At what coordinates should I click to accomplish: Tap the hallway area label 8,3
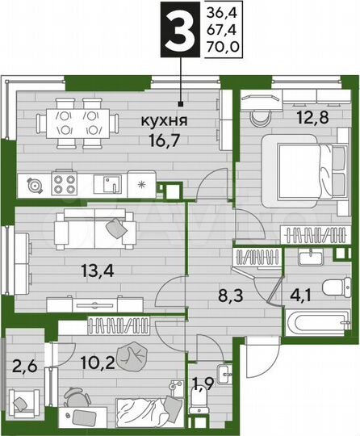217,296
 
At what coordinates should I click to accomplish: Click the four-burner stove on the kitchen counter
64,184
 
